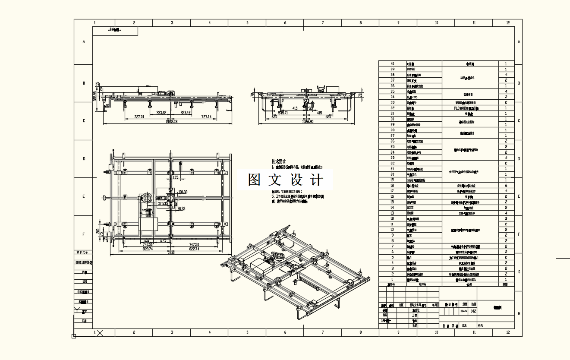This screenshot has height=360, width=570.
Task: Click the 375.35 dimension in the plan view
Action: point(164,203)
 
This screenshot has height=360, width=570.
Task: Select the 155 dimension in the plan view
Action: point(175,177)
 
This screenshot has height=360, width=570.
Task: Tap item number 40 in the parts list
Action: point(392,63)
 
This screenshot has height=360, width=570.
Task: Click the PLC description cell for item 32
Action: point(470,108)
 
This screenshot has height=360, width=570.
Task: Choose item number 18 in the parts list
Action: point(392,186)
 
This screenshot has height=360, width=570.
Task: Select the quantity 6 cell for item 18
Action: point(506,186)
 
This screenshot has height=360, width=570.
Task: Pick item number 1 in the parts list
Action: point(392,279)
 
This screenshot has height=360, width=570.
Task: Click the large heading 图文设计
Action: point(285,180)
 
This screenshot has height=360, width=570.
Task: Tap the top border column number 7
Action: point(323,23)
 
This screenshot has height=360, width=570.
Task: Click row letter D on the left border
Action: point(84,159)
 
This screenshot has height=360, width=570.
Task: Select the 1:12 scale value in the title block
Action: point(474,310)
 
